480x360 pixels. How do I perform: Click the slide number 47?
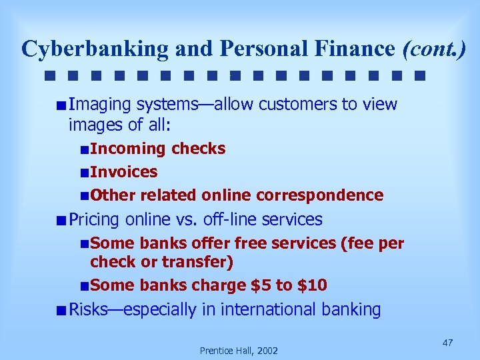447,343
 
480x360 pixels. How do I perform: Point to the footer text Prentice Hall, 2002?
239,350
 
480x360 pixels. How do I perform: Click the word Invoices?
124,172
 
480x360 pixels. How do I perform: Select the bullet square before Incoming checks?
83,149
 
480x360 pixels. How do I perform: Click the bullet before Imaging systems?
61,105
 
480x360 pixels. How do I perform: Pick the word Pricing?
95,219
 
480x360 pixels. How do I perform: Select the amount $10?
312,285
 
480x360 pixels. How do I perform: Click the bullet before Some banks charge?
83,286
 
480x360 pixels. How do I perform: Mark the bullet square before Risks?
61,310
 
